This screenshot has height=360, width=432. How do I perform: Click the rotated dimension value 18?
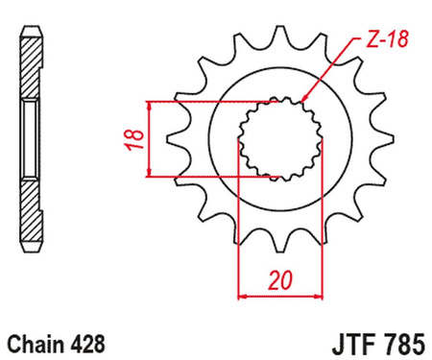click(137, 138)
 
